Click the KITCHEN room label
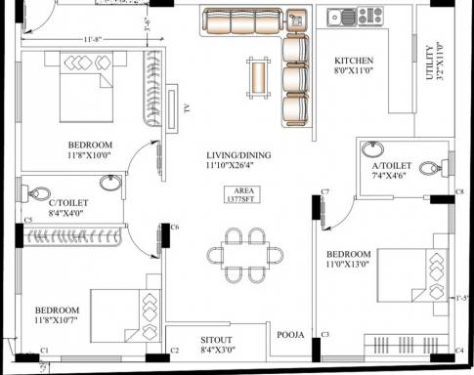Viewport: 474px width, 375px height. pos(353,61)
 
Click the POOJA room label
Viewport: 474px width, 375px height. pos(291,335)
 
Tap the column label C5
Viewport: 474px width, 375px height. pos(28,220)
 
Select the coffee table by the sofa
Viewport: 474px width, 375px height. pos(258,74)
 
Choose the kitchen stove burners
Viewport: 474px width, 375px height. pos(369,15)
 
